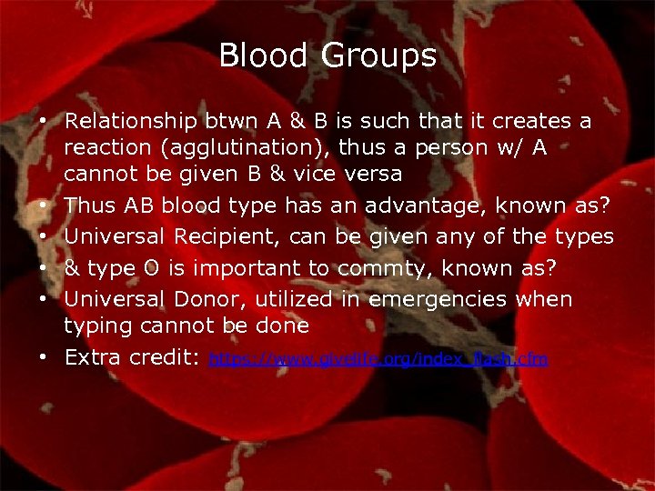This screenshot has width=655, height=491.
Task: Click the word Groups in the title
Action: click(x=378, y=57)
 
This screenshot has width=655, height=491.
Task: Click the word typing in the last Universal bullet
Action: click(x=93, y=326)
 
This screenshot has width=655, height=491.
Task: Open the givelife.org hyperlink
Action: click(x=378, y=360)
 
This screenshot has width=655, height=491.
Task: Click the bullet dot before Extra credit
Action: click(x=43, y=358)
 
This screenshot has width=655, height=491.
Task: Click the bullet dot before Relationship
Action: click(x=43, y=122)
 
